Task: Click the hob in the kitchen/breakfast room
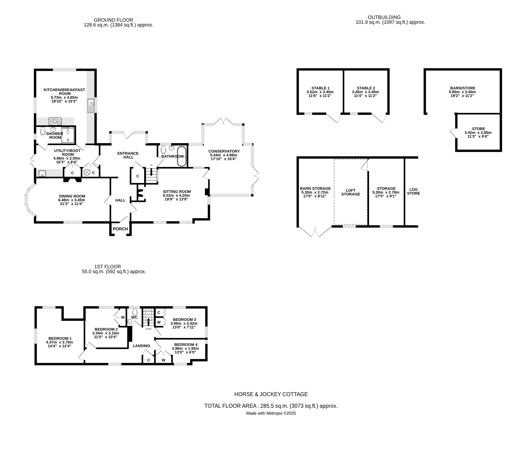point(55,121)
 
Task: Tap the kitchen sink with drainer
point(91,106)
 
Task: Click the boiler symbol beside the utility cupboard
point(87,173)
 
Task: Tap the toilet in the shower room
point(43,132)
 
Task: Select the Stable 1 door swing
point(334,118)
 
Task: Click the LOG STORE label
point(413,191)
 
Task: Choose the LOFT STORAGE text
point(351,192)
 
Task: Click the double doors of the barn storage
point(315,232)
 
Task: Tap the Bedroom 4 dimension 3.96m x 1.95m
point(185,348)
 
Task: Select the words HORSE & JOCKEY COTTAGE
point(271,394)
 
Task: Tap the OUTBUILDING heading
point(384,17)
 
